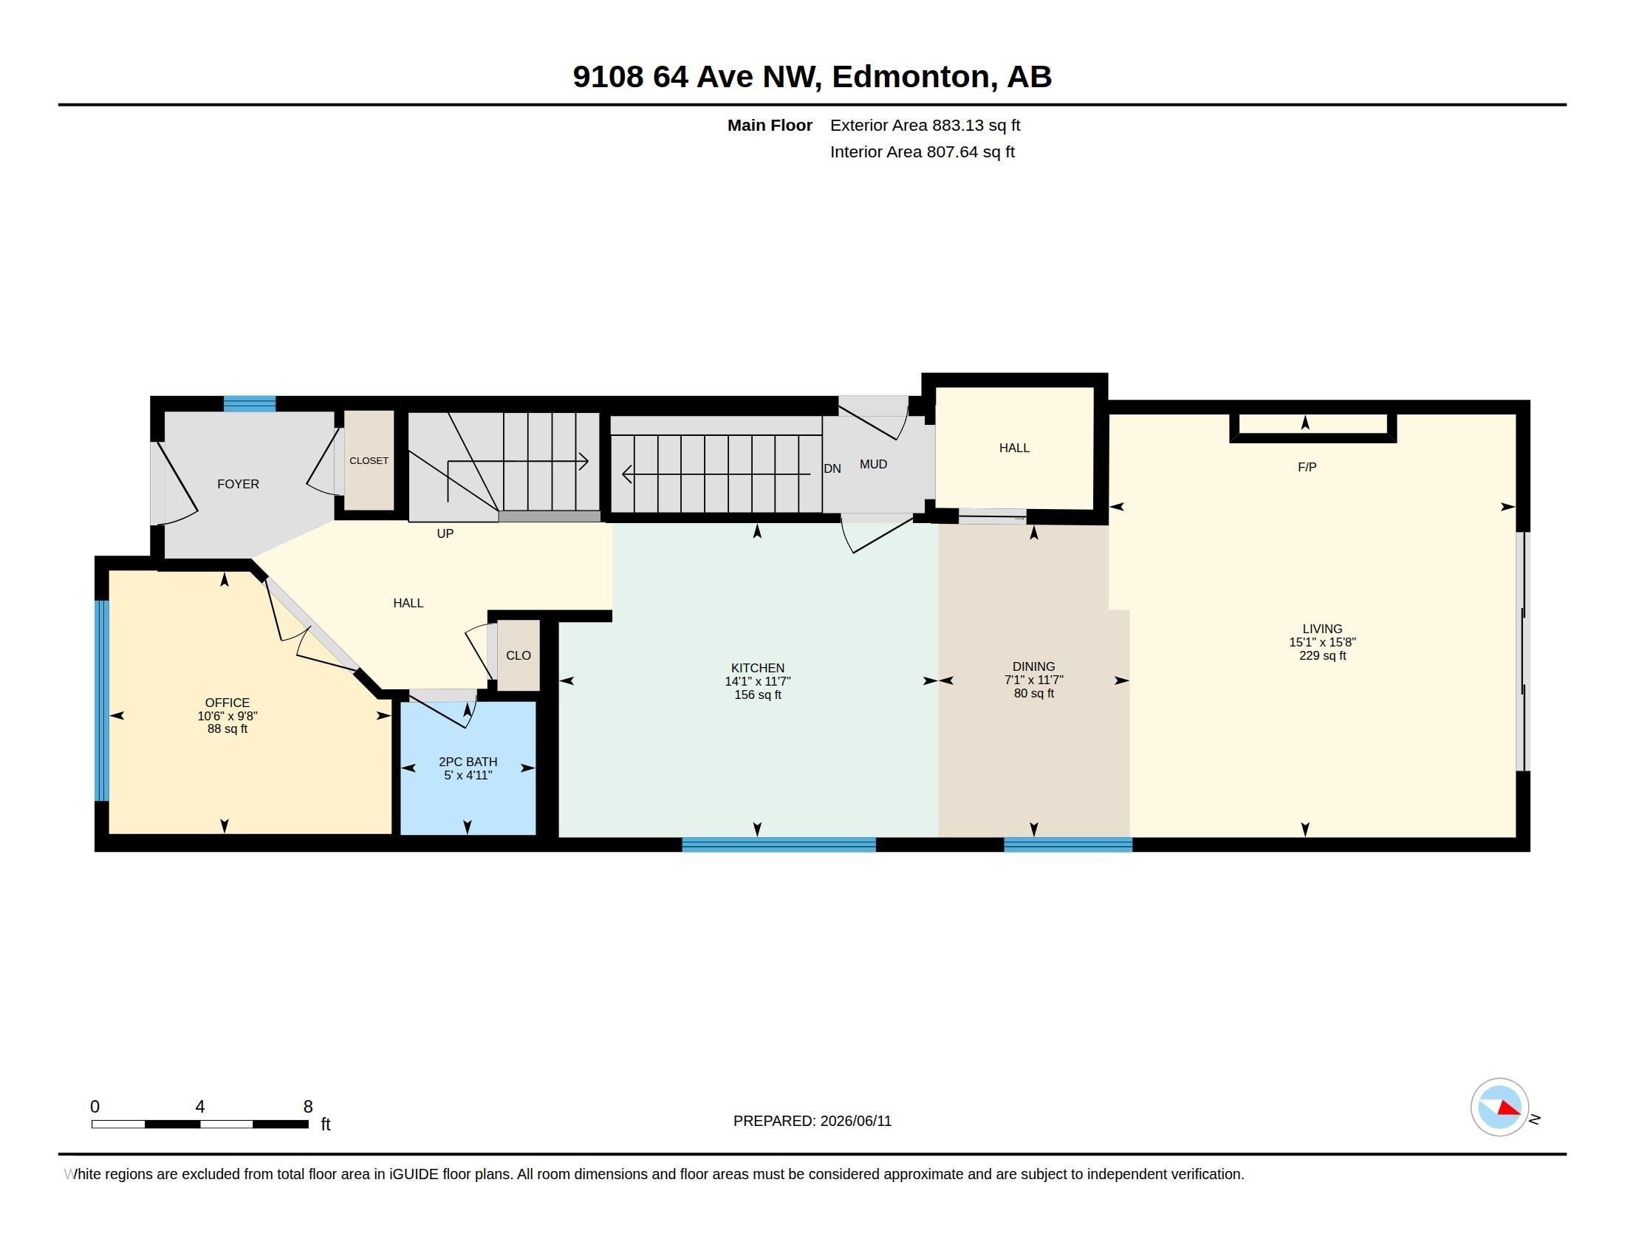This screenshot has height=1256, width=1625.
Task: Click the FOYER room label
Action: [238, 485]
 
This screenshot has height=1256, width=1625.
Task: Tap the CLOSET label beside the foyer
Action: [369, 460]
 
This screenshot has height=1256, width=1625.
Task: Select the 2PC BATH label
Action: [468, 762]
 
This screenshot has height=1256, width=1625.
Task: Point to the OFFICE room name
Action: [227, 703]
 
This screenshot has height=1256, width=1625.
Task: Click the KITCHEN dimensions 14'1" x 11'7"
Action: [757, 682]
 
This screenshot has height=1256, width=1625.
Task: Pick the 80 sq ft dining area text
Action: [1033, 694]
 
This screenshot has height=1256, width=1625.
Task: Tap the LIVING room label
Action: [1322, 629]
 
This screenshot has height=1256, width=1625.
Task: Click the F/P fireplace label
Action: [1307, 467]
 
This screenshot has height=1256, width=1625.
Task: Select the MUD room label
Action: [874, 464]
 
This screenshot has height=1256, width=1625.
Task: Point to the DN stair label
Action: [832, 468]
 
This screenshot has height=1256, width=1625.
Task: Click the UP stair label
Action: [445, 533]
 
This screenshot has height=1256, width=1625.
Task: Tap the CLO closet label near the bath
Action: [519, 655]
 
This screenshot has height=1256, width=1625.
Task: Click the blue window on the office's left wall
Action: [102, 700]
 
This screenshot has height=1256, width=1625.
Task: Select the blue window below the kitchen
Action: [779, 844]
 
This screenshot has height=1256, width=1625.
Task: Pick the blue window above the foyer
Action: [250, 404]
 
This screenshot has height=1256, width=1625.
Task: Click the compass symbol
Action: [1499, 1107]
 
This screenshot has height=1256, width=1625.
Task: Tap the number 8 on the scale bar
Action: [308, 1107]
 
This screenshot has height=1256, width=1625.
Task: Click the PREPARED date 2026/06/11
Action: [855, 1122]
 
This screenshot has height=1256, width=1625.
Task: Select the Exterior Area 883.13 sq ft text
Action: [925, 126]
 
